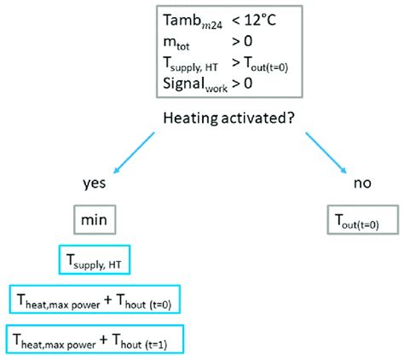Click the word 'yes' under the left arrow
coord(94,183)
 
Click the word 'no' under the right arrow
coord(361,183)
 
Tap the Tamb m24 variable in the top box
coord(191,20)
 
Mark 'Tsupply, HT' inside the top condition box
coord(194,62)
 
